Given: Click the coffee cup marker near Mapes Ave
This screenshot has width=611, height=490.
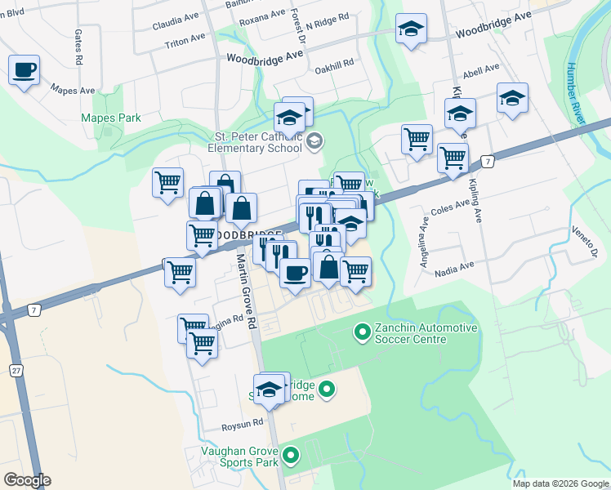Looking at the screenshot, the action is click(25, 69).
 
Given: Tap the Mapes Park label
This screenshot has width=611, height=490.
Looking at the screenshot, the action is click(111, 118).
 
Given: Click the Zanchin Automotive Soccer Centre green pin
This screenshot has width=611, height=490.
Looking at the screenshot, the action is click(361, 332).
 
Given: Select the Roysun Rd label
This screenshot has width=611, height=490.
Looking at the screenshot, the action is click(243, 425).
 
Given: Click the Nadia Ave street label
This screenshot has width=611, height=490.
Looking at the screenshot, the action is click(455, 266).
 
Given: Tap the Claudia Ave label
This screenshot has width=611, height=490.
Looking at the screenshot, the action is click(174, 24).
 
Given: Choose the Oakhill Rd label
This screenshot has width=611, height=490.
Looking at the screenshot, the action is click(336, 63).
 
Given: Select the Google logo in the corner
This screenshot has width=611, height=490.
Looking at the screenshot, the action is click(27, 480).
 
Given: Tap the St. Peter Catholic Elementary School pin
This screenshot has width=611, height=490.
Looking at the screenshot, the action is click(314, 143).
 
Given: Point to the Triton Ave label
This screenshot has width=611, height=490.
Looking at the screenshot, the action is click(185, 41).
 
